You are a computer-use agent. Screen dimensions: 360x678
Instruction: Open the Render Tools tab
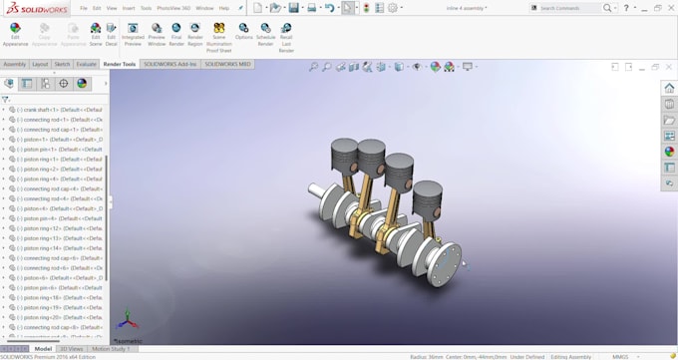[119, 64]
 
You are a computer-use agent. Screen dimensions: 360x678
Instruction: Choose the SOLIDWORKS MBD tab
[227, 64]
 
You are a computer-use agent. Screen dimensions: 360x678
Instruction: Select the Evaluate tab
[87, 64]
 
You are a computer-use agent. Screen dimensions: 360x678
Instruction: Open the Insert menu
[129, 8]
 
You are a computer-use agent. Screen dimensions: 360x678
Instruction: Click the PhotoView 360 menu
[173, 8]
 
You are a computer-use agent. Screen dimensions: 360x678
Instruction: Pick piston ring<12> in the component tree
[60, 228]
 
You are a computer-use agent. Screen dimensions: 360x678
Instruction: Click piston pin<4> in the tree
[60, 218]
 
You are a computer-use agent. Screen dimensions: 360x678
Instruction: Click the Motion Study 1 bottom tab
[110, 349]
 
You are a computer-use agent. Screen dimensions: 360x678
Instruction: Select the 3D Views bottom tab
[72, 349]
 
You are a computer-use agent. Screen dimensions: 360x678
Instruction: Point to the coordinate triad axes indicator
[127, 322]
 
